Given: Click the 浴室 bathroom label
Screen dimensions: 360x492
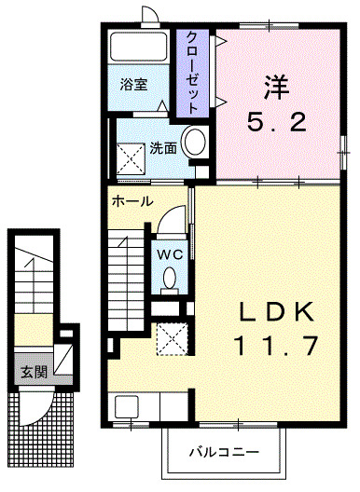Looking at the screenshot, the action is click(133, 84).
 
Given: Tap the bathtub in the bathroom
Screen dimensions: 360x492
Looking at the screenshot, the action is click(138, 47).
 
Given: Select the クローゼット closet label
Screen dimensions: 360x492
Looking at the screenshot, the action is click(192, 72).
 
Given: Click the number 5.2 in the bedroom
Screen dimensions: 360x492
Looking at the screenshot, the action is click(277, 122).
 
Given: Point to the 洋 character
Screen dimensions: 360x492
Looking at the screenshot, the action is click(277, 87).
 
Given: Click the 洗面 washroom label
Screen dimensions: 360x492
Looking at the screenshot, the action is click(162, 148).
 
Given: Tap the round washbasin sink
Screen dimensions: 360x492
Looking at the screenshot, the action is click(195, 143).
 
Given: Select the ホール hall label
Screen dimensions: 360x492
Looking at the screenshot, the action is click(132, 201).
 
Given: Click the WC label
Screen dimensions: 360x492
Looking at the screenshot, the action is click(170, 254).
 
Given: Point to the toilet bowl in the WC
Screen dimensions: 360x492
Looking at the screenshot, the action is click(170, 278).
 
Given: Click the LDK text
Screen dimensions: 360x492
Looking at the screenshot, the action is click(276, 311).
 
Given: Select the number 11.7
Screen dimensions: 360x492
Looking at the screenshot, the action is click(276, 345).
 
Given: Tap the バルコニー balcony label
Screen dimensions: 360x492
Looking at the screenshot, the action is click(224, 452).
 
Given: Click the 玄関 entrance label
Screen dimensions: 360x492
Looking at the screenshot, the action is click(34, 372).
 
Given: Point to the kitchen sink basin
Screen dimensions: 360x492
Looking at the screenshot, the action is click(126, 406).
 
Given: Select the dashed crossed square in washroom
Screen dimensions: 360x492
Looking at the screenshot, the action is click(131, 158).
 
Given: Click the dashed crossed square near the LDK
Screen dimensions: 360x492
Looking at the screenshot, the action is click(173, 339).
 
